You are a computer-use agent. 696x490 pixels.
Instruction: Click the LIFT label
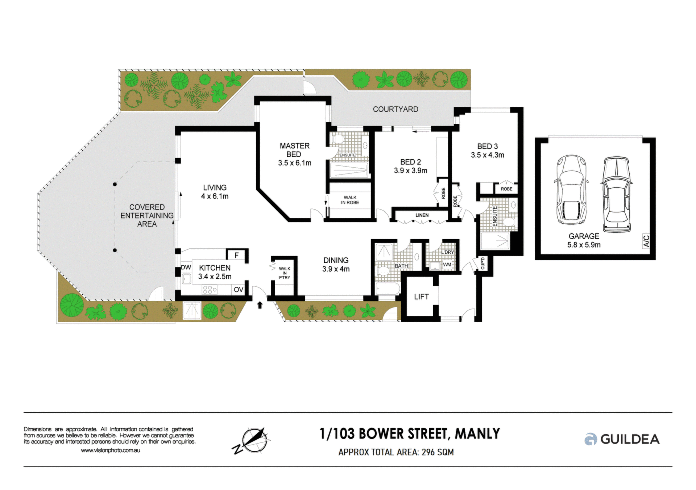421,297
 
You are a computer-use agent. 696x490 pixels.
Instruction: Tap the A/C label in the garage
646,241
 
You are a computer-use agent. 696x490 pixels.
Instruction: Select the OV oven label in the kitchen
238,290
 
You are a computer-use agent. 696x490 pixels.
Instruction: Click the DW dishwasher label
186,268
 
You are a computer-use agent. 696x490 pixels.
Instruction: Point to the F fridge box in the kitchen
237,256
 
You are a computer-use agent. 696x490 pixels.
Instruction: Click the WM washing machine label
447,265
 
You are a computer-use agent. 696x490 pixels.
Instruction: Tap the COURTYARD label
395,109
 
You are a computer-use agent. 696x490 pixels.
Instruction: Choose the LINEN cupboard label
422,215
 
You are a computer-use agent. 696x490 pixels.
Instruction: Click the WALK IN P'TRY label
285,273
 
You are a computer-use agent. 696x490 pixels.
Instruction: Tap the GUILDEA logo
622,439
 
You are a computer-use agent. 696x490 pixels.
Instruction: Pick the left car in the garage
571,189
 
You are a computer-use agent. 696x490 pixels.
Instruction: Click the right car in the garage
616,194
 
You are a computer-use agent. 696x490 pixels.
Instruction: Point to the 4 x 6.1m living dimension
215,196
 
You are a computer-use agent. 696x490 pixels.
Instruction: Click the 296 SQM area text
438,452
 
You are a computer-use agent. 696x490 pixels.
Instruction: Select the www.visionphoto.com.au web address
111,450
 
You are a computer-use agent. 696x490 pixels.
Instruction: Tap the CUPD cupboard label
483,264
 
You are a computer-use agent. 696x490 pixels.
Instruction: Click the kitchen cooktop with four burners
210,290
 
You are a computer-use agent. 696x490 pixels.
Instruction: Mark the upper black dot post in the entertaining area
115,184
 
